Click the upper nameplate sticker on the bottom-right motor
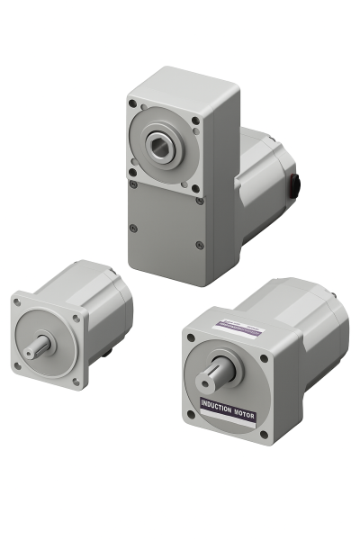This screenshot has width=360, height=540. pyautogui.click(x=238, y=328)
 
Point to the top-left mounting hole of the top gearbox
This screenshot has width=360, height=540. pyautogui.click(x=133, y=104)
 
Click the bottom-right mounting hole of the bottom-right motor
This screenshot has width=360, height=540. pyautogui.click(x=262, y=436)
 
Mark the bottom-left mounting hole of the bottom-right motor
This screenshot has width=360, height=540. pyautogui.click(x=190, y=414)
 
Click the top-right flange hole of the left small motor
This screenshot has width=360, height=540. pyautogui.click(x=76, y=317)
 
